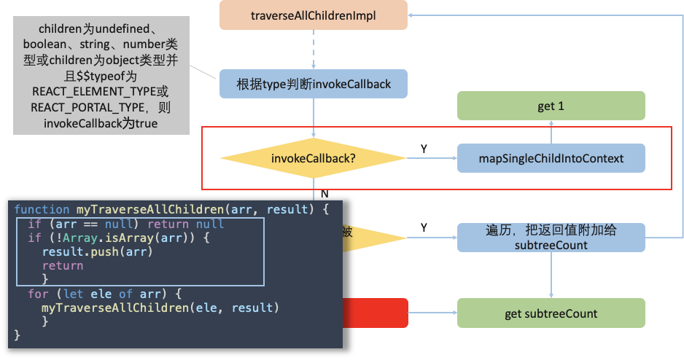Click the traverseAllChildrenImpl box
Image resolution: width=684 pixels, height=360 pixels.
(x=314, y=15)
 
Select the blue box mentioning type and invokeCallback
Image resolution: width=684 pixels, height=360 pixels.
(x=314, y=84)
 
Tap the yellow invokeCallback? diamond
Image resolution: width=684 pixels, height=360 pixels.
(x=314, y=158)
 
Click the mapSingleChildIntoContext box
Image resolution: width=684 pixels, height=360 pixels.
(x=551, y=158)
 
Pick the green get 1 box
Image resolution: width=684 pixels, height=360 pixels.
(x=551, y=106)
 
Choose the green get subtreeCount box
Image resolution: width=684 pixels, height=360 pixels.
(x=551, y=313)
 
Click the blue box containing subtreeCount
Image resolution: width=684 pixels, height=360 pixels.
(x=551, y=238)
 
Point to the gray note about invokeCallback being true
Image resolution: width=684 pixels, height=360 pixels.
(x=101, y=75)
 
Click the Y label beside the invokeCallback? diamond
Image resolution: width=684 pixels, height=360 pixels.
(x=424, y=149)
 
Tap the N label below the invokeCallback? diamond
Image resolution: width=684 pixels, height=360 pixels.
(x=324, y=194)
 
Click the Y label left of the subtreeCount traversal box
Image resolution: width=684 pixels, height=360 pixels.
(x=424, y=227)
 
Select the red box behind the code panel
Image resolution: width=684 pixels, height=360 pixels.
(x=375, y=313)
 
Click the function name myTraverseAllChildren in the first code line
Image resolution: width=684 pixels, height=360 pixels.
(x=150, y=210)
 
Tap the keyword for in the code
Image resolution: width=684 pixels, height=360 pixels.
(x=39, y=294)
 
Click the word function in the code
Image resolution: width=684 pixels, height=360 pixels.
(x=42, y=210)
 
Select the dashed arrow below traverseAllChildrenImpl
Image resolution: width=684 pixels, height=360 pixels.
(x=314, y=50)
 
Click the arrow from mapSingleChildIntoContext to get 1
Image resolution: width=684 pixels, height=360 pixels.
(x=551, y=132)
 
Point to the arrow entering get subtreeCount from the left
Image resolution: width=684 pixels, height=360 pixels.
(x=432, y=313)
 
